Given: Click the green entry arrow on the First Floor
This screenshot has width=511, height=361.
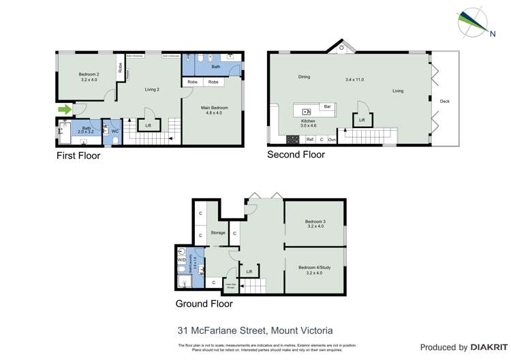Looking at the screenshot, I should point(64,109).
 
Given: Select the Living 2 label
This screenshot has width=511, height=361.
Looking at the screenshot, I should point(151,89).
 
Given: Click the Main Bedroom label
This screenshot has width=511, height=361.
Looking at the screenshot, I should point(214,108).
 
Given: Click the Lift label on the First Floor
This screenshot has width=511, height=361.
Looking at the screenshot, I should point(148,125).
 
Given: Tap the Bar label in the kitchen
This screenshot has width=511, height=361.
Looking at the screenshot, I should point(327,107).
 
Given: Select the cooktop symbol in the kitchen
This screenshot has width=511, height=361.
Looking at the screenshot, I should point(293,140).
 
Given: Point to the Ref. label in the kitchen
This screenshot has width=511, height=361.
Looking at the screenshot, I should point(309,139).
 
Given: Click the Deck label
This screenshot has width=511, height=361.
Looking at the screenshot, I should point(444,101).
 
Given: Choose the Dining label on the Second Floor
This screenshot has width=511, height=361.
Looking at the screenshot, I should point(304,77).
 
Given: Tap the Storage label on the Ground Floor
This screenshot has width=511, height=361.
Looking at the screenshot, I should point(217,233).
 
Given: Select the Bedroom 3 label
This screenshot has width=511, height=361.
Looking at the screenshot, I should point(315,222).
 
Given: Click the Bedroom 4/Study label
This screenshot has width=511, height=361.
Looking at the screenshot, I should point(315,268).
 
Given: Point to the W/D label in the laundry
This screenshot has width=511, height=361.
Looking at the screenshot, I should point(181,260).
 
